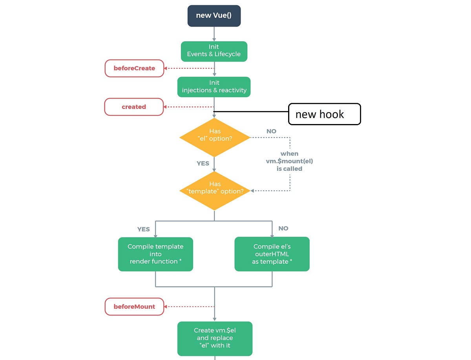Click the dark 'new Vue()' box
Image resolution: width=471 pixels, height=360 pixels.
[x=214, y=16]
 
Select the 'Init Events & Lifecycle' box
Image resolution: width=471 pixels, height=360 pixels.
[x=214, y=51]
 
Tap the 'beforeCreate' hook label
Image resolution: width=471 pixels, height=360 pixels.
[x=134, y=68]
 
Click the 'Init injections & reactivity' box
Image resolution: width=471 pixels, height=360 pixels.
[x=214, y=86]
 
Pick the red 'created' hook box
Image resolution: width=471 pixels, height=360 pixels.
[x=134, y=107]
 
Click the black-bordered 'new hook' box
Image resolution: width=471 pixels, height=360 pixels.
[x=324, y=114]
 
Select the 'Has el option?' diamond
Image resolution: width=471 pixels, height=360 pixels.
[x=215, y=137]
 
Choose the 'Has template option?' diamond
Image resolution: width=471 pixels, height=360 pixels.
[x=215, y=190]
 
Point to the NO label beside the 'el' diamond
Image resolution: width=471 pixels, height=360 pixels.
[x=271, y=131]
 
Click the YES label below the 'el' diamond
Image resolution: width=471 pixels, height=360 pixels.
[x=203, y=163]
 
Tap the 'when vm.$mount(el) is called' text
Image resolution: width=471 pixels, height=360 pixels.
[x=290, y=161]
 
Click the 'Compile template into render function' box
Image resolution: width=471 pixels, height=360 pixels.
[x=155, y=254]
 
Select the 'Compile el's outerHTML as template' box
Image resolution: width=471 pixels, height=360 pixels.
[x=272, y=254]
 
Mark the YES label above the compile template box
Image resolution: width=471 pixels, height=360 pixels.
[x=143, y=229]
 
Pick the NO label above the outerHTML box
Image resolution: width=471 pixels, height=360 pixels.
[x=283, y=228]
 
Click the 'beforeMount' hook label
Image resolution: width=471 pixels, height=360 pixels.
[x=134, y=307]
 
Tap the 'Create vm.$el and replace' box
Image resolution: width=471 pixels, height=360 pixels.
[x=215, y=338]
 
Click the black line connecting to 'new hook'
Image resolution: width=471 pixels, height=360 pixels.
[x=251, y=112]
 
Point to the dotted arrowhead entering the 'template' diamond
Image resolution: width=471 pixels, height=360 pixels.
[x=252, y=191]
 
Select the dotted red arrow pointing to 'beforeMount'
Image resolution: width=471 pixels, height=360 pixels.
[x=188, y=307]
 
